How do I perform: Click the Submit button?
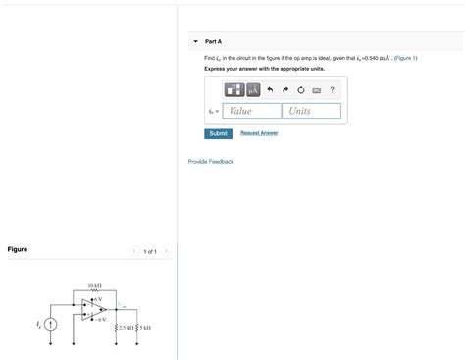218,133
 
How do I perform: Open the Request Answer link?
259,133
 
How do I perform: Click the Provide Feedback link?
211,161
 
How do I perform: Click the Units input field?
313,111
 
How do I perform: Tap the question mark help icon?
332,90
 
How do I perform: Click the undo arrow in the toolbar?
270,90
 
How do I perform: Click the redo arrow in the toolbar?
285,90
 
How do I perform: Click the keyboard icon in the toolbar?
316,90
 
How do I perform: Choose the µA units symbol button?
252,90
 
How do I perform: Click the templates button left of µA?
234,90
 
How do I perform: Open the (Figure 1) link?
405,58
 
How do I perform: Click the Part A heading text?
213,41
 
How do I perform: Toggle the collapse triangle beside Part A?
196,41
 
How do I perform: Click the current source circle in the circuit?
51,324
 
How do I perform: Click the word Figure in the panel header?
18,249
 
